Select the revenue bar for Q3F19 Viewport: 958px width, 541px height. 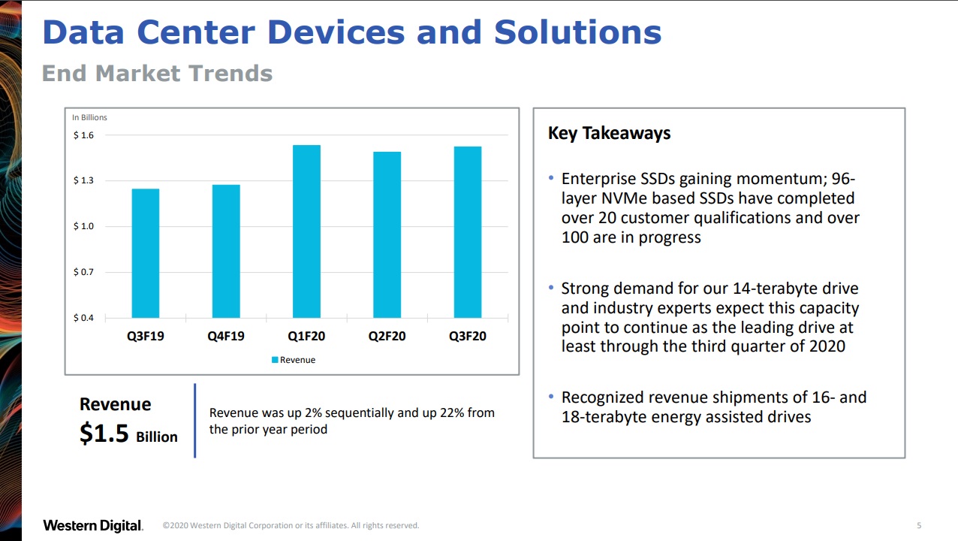(145, 252)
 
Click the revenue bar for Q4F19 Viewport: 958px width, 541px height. (226, 251)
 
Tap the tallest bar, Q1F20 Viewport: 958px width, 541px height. (306, 231)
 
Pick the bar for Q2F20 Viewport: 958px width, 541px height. (387, 234)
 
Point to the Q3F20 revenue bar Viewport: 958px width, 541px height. (467, 232)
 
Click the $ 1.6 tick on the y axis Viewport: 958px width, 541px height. (83, 135)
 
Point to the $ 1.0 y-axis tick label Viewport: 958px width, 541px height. (83, 226)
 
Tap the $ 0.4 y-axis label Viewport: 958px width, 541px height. (83, 318)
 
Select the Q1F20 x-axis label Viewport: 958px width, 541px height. (306, 336)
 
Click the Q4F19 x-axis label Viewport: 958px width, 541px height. (226, 336)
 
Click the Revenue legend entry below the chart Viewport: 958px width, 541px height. (294, 360)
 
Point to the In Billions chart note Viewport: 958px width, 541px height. (89, 117)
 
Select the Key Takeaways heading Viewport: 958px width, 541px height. (609, 133)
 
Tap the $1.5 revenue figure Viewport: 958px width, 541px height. (104, 434)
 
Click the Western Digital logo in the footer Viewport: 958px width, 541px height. (92, 525)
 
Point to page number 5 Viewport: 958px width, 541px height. (919, 525)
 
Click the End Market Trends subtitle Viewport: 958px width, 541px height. (157, 74)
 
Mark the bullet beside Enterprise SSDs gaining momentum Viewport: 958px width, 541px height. (552, 179)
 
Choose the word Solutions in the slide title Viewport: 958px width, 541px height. (577, 32)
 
